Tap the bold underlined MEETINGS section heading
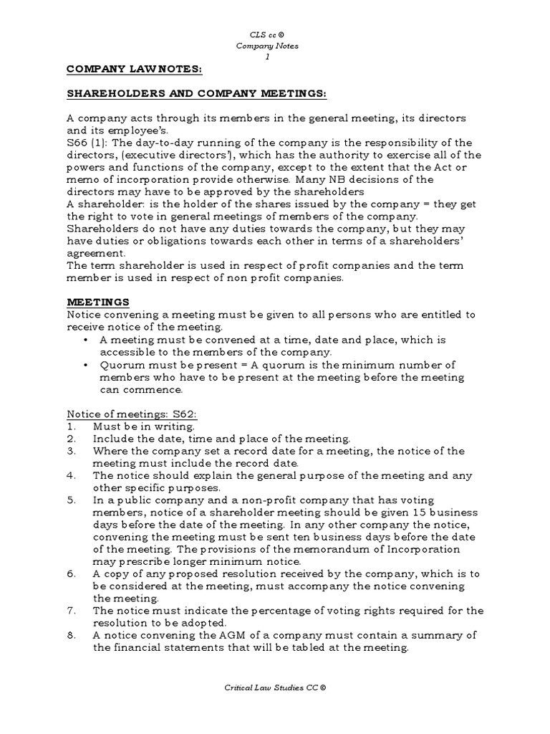click(97, 302)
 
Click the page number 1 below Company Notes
click(267, 57)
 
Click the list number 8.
click(71, 636)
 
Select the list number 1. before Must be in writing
click(71, 426)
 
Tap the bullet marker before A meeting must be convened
click(87, 340)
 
